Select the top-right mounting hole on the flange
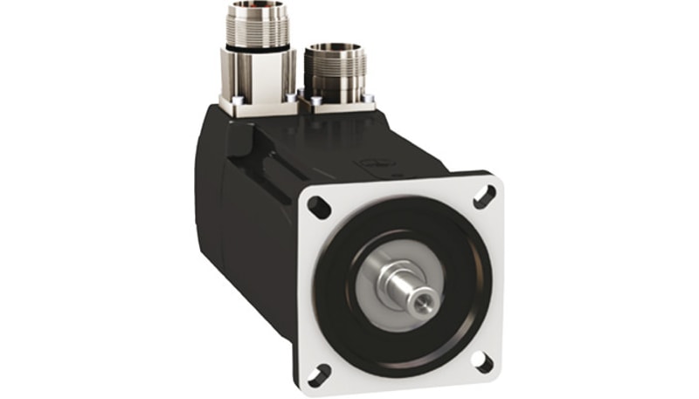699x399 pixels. tap(484, 196)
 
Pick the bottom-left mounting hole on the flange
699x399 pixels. tap(318, 376)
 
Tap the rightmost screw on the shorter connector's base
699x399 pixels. tap(367, 98)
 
